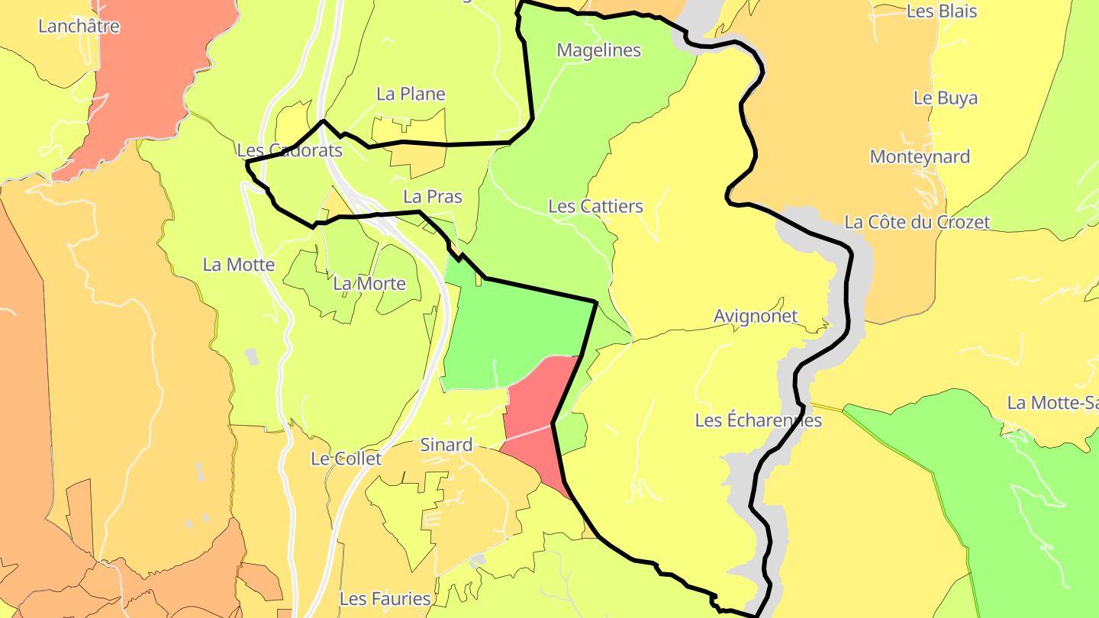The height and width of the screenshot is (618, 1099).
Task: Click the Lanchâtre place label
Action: click(79, 26)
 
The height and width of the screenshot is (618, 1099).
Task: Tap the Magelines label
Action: click(598, 50)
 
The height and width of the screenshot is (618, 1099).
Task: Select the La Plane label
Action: click(411, 94)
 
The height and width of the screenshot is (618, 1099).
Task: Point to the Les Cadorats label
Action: click(289, 150)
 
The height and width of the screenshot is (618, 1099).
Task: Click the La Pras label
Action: click(433, 196)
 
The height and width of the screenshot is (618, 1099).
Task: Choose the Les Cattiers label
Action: click(595, 206)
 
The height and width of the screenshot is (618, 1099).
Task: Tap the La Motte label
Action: click(238, 265)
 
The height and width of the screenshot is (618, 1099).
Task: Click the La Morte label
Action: click(369, 284)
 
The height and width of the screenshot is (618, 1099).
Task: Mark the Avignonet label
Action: click(756, 316)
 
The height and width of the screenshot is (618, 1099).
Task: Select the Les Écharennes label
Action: click(758, 420)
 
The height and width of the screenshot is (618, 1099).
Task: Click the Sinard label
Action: click(446, 445)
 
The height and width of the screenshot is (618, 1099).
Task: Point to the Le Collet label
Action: click(346, 459)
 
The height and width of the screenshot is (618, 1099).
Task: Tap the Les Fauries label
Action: click(385, 598)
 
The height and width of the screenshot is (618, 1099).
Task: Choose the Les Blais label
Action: click(941, 11)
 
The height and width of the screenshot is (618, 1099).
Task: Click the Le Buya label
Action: click(945, 98)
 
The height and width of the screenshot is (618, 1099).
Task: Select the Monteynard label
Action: click(920, 156)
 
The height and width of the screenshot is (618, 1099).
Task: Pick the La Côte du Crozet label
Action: click(917, 222)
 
